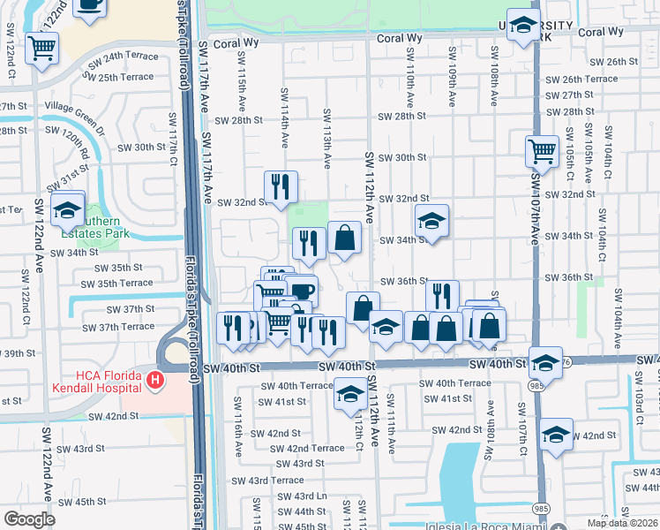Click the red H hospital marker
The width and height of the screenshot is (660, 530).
pyautogui.click(x=156, y=381)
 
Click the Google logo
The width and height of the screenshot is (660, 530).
pyautogui.click(x=29, y=519)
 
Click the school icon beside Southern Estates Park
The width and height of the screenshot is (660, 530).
pyautogui.click(x=66, y=209)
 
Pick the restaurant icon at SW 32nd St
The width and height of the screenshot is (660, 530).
pyautogui.click(x=281, y=185)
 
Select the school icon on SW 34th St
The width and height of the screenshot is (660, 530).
pyautogui.click(x=431, y=221)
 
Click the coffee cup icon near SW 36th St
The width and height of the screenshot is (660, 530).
pyautogui.click(x=301, y=290)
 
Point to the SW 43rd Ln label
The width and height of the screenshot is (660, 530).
pyautogui.click(x=310, y=496)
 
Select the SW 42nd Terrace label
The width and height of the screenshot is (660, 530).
pyautogui.click(x=307, y=448)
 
